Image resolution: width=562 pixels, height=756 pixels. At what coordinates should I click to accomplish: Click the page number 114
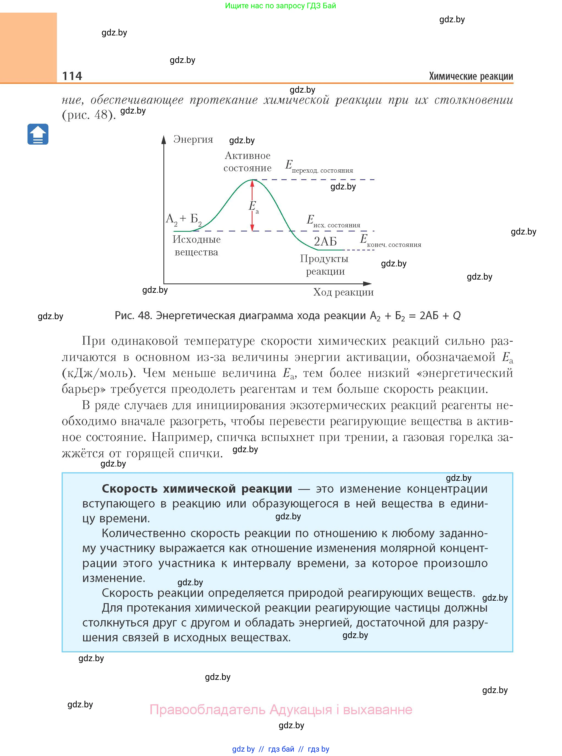pos(72,76)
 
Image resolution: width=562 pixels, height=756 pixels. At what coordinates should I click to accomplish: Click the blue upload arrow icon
pos(38,134)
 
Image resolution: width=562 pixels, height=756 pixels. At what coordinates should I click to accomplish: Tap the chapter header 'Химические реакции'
pos(471,76)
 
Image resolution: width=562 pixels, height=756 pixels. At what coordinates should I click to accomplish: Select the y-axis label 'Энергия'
pos(193,139)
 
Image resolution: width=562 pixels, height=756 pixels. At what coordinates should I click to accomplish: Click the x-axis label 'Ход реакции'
pos(343,292)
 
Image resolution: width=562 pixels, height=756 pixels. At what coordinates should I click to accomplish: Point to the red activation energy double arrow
pos(252,205)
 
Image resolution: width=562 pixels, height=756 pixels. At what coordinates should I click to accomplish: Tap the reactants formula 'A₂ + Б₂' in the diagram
pos(184,219)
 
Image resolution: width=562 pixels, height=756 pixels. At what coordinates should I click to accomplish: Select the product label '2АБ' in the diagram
pos(325,241)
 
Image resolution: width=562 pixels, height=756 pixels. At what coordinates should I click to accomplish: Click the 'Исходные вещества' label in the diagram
pos(196,245)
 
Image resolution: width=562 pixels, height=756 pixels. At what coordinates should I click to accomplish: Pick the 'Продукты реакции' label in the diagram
pos(325,265)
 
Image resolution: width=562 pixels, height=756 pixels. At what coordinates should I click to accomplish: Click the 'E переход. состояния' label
pos(319,167)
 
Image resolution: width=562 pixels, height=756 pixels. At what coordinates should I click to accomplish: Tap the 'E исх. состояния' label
pos(333,221)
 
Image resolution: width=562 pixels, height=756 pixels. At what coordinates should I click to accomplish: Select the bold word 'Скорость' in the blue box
pos(130,489)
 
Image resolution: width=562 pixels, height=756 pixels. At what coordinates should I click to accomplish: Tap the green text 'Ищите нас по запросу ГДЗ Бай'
pos(280,6)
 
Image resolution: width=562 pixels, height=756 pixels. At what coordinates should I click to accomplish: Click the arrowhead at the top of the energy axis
pos(164,139)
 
